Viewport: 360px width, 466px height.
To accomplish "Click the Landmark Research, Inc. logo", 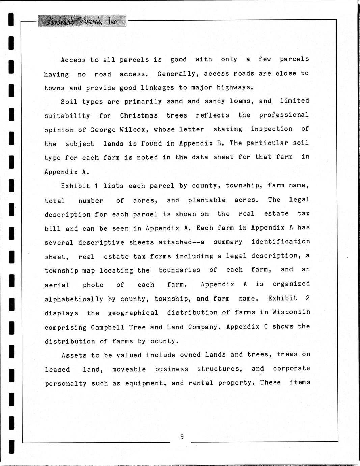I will click(x=82, y=21).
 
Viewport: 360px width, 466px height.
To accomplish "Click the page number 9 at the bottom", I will click(x=182, y=437).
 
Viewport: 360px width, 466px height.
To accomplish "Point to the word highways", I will click(x=234, y=88).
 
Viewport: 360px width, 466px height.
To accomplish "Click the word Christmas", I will click(x=139, y=115).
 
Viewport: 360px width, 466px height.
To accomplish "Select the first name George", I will click(x=103, y=130).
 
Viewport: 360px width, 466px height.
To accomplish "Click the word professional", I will click(x=284, y=115).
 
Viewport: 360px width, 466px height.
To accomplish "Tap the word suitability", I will click(x=67, y=116).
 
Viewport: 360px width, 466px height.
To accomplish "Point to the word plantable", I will click(x=207, y=200).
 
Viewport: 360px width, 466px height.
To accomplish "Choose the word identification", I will click(x=281, y=242).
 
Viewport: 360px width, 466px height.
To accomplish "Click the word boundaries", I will click(x=179, y=270).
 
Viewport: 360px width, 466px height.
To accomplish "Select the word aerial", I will click(x=57, y=285).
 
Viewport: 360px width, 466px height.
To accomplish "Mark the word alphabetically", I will click(x=74, y=299).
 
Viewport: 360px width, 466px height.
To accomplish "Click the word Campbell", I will click(x=108, y=327).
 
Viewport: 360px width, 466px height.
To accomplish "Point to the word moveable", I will click(x=129, y=369).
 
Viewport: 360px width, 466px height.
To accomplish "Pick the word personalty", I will click(x=66, y=384).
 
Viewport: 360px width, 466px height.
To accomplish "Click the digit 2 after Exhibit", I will click(x=307, y=298).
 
